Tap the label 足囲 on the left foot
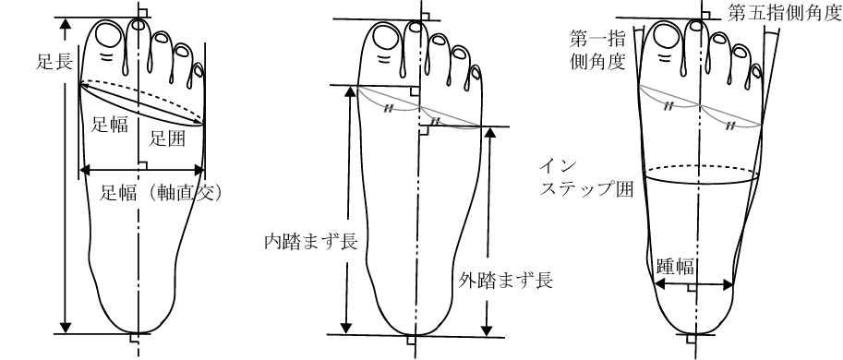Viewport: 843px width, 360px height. click(169, 138)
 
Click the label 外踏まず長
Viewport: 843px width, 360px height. click(505, 280)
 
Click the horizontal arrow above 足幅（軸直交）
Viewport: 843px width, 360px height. click(141, 170)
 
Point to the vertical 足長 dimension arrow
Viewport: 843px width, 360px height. click(65, 175)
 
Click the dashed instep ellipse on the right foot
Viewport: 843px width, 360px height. click(703, 169)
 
